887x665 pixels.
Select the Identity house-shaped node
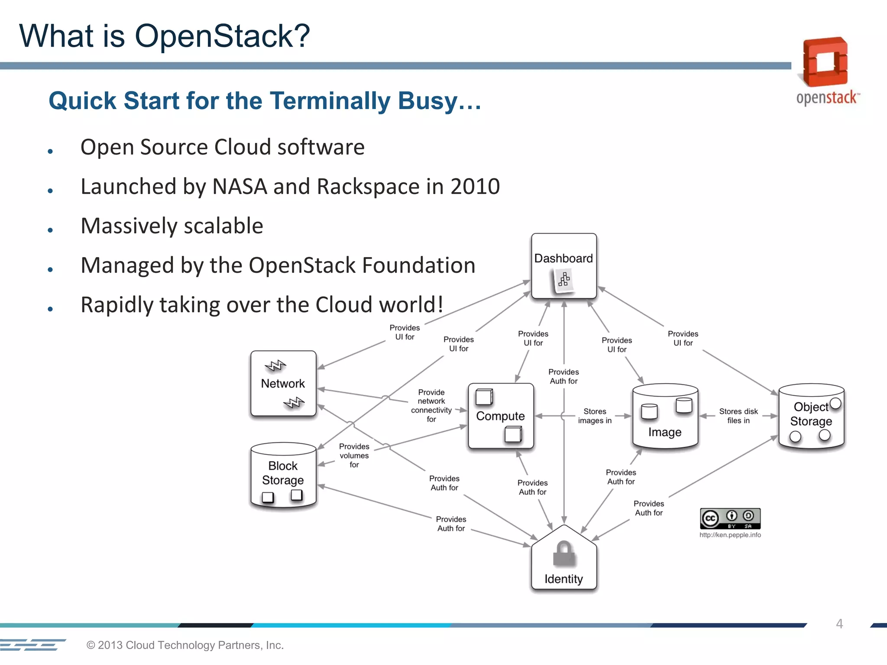(563, 561)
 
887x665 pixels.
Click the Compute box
(500, 416)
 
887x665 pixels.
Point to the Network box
(283, 384)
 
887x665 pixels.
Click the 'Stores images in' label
(595, 416)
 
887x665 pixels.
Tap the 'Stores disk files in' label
(738, 416)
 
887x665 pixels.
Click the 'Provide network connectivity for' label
(431, 406)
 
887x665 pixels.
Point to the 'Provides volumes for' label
(354, 455)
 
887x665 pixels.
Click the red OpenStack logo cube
(825, 62)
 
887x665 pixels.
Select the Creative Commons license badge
(730, 518)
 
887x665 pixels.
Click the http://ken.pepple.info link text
(730, 535)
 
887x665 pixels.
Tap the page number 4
(839, 624)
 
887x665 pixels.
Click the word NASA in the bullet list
(240, 187)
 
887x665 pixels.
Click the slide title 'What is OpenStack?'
(165, 36)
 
